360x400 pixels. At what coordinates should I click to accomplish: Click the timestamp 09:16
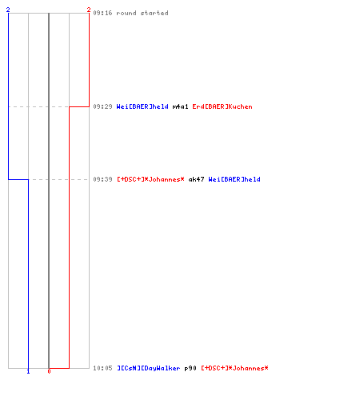102,13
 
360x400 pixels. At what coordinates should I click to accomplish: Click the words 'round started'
142,13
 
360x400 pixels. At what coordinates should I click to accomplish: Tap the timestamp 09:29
102,106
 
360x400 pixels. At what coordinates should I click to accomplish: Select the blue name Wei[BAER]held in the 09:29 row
142,106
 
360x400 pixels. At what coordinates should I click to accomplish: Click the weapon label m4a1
180,106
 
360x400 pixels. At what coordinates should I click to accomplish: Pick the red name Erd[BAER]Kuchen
222,106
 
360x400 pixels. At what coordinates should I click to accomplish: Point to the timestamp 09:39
102,179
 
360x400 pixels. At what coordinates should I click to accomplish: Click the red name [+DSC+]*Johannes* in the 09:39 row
150,179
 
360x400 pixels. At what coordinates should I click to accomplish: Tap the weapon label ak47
196,179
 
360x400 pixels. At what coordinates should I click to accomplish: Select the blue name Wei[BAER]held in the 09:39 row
234,179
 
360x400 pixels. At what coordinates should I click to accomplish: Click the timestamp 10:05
102,368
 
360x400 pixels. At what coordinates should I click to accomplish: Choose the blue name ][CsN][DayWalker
149,368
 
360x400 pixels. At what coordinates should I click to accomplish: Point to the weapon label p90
190,368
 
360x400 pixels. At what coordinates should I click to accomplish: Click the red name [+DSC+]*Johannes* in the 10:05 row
234,368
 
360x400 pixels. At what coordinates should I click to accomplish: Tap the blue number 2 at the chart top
8,10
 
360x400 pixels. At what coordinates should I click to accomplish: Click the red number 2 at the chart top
89,10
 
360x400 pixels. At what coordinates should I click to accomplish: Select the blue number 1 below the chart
28,371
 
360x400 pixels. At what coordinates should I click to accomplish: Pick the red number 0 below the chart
49,371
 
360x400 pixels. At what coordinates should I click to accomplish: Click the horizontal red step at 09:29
79,106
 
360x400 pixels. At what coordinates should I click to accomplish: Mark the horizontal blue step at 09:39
18,179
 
